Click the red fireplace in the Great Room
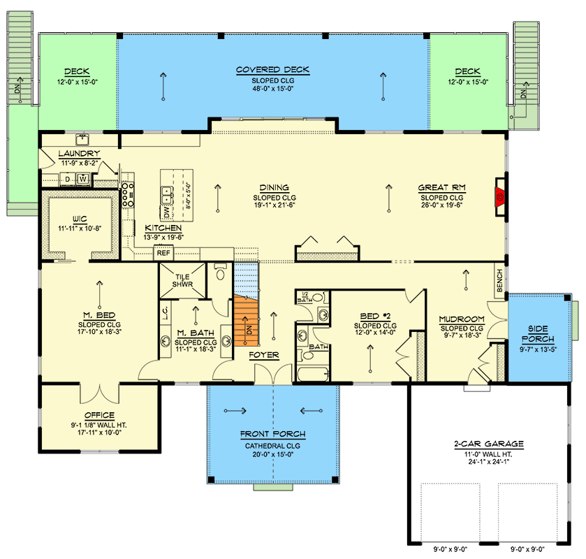pyautogui.click(x=500, y=196)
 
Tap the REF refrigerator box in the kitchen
pyautogui.click(x=163, y=253)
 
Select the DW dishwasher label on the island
pyautogui.click(x=167, y=212)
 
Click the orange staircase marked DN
pyautogui.click(x=247, y=321)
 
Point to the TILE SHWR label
pyautogui.click(x=182, y=280)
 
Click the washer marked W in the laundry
pyautogui.click(x=83, y=179)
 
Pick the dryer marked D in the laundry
pyautogui.click(x=67, y=179)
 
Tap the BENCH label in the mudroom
pyautogui.click(x=499, y=280)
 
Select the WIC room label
pyautogui.click(x=80, y=219)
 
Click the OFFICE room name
pyautogui.click(x=99, y=415)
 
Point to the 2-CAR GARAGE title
pyautogui.click(x=489, y=444)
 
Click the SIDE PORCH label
pyautogui.click(x=539, y=334)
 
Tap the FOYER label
pyautogui.click(x=264, y=355)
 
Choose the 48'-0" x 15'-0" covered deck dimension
pyautogui.click(x=273, y=89)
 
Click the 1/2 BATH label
pyautogui.click(x=305, y=297)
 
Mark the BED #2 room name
pyautogui.click(x=375, y=317)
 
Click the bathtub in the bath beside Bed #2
pyautogui.click(x=313, y=374)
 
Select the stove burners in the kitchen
pyautogui.click(x=128, y=194)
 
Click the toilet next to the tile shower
pyautogui.click(x=220, y=272)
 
